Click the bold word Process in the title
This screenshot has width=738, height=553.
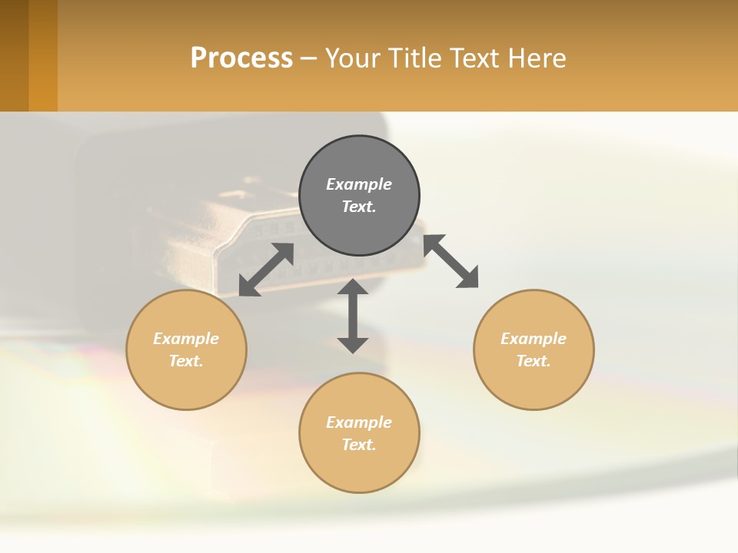[x=241, y=58]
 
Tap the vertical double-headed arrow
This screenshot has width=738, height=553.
[x=353, y=316]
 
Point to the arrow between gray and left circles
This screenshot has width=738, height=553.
[x=266, y=270]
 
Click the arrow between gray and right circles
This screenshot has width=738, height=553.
[x=451, y=261]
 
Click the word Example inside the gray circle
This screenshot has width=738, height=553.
[x=359, y=184]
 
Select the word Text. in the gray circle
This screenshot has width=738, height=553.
[x=359, y=207]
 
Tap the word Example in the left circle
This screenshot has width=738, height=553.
[x=186, y=339]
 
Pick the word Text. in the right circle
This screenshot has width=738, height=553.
[x=534, y=361]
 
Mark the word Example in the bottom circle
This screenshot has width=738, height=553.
[x=359, y=422]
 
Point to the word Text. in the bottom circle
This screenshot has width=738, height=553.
[x=359, y=445]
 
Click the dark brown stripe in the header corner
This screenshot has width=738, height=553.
[x=14, y=55]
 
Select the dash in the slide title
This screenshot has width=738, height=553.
[x=308, y=58]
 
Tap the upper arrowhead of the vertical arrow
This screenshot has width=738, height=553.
[x=353, y=286]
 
